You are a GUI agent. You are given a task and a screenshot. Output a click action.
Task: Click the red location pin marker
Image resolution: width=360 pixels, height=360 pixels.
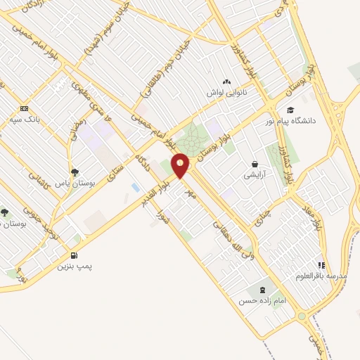[181, 165]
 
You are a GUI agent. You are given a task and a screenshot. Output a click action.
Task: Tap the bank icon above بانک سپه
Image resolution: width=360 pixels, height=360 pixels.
[25, 108]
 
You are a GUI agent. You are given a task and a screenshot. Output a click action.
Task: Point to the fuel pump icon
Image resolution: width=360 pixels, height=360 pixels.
[75, 255]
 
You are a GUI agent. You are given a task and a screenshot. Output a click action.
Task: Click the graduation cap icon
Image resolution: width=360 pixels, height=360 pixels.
[290, 110]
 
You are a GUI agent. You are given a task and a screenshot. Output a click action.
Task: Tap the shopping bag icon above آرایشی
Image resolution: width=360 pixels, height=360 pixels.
[254, 164]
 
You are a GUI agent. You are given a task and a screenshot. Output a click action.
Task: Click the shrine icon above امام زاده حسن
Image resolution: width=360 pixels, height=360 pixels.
[262, 288]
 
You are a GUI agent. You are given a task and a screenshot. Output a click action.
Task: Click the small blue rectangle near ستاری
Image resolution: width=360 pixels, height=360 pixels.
[134, 187]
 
